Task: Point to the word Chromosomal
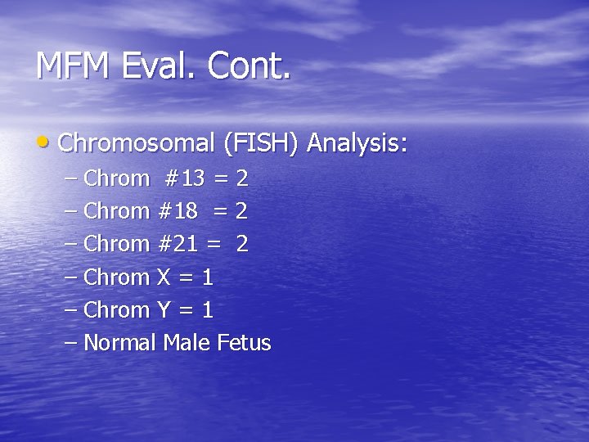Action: tap(137, 144)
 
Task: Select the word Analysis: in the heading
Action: tap(357, 144)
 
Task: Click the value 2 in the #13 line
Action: tap(241, 178)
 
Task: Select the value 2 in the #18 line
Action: tap(241, 211)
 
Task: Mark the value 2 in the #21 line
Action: tap(241, 244)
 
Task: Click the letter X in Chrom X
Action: tap(163, 277)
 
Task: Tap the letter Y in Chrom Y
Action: tap(163, 310)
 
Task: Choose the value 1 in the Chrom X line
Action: tap(207, 277)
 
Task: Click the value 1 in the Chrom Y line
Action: tap(207, 310)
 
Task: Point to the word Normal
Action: tap(119, 343)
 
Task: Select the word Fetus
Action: tap(244, 343)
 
